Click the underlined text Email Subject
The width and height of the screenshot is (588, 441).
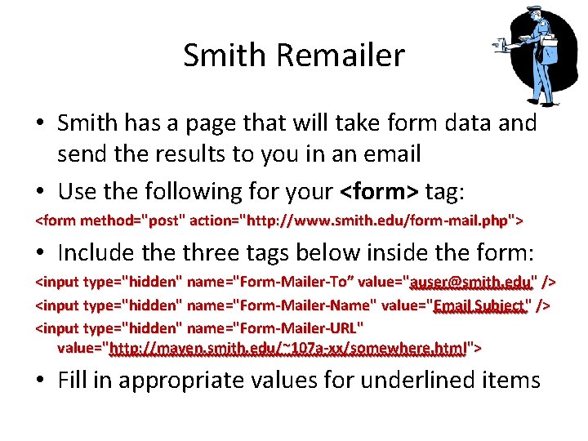[479, 305]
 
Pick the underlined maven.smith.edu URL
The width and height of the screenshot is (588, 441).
[287, 348]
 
